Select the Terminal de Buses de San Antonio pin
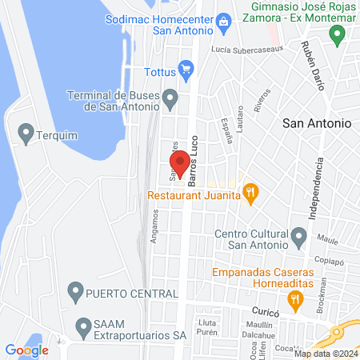pyautogui.click(x=170, y=98)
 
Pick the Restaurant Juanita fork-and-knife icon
pyautogui.click(x=251, y=192)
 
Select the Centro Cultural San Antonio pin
pyautogui.click(x=299, y=235)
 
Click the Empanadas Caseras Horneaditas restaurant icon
pyautogui.click(x=296, y=299)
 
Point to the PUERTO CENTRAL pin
pyautogui.click(x=76, y=289)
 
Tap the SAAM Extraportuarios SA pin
pyautogui.click(x=84, y=326)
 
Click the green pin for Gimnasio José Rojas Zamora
pyautogui.click(x=337, y=34)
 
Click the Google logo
pyautogui.click(x=27, y=350)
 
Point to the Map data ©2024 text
pyautogui.click(x=325, y=354)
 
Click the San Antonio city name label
pyautogui.click(x=318, y=123)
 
